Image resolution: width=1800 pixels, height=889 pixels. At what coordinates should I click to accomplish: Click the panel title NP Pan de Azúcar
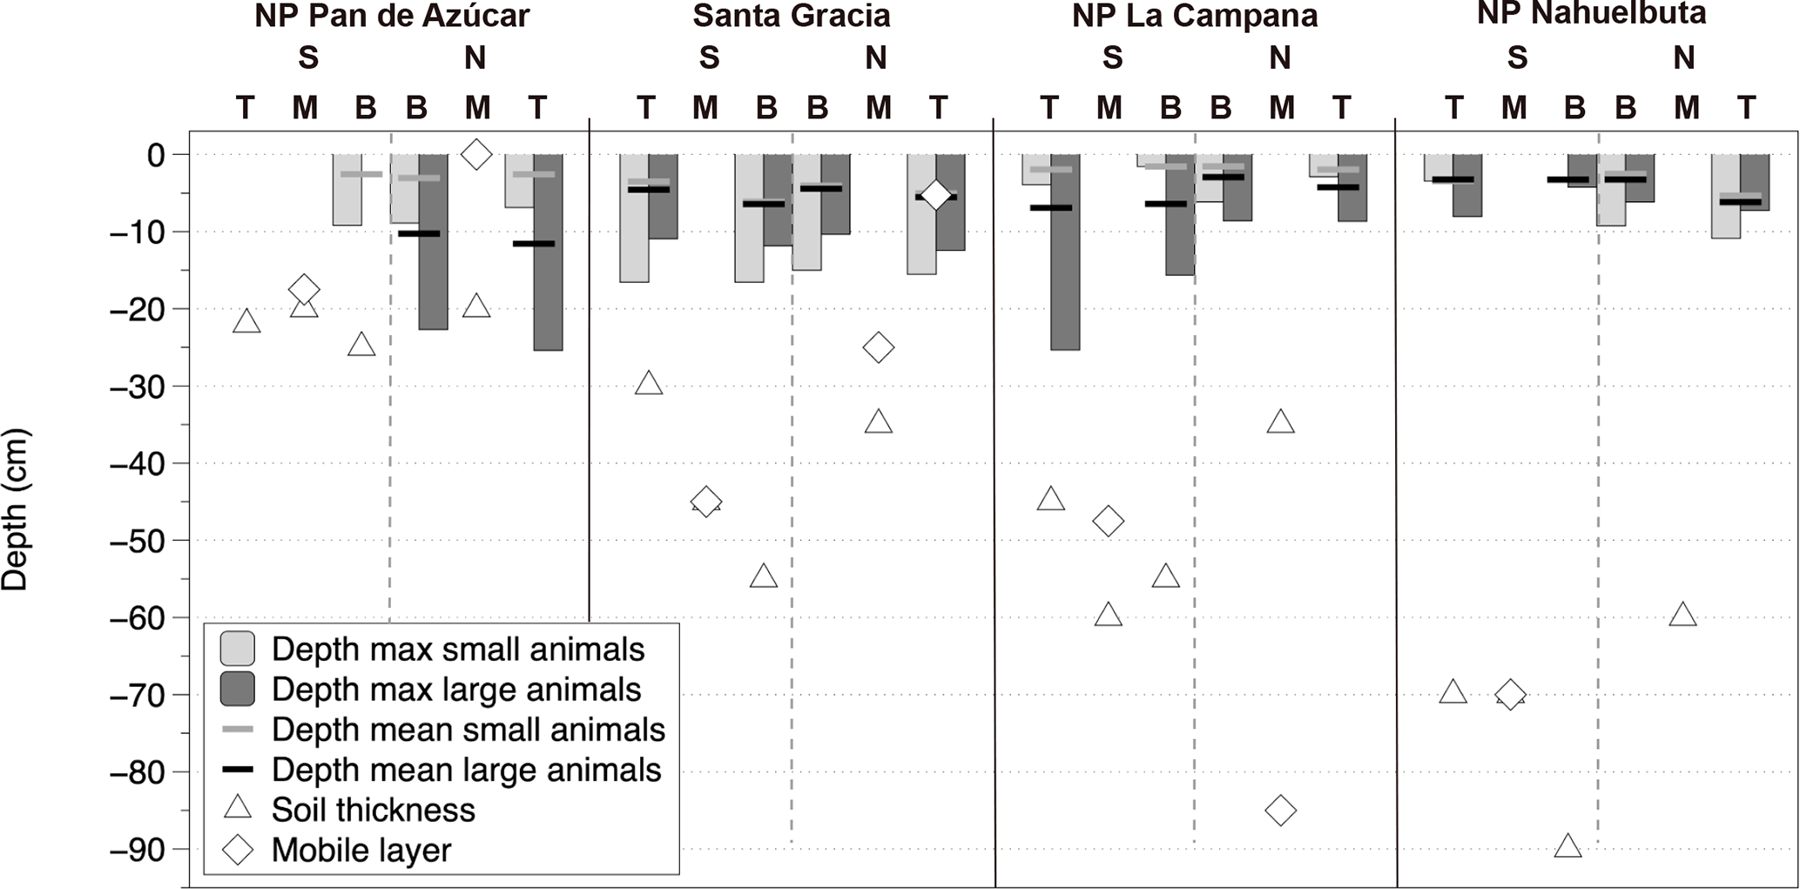pyautogui.click(x=392, y=16)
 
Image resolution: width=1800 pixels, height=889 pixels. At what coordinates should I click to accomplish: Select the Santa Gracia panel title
pyautogui.click(x=791, y=16)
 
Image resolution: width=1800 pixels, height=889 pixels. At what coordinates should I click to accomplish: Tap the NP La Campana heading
pyautogui.click(x=1194, y=16)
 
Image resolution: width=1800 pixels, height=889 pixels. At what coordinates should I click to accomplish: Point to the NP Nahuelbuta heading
pyautogui.click(x=1591, y=13)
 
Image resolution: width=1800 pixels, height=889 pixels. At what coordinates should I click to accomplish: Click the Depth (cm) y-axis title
pyautogui.click(x=16, y=509)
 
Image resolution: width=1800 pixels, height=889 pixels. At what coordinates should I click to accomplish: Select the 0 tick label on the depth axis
pyautogui.click(x=156, y=155)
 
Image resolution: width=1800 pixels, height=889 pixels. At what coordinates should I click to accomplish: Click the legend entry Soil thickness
pyautogui.click(x=373, y=810)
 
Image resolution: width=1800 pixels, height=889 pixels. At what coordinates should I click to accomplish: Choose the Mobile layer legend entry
pyautogui.click(x=361, y=850)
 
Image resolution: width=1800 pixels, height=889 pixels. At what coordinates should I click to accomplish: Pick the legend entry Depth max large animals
pyautogui.click(x=455, y=690)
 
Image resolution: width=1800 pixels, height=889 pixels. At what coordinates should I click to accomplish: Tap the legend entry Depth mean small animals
pyautogui.click(x=468, y=730)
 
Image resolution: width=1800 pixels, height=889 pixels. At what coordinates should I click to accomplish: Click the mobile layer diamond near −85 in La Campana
pyautogui.click(x=1280, y=811)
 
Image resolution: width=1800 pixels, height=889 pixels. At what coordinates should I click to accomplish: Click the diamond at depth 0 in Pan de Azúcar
pyautogui.click(x=475, y=155)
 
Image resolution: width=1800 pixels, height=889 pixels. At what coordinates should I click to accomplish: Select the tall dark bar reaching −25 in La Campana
pyautogui.click(x=1065, y=253)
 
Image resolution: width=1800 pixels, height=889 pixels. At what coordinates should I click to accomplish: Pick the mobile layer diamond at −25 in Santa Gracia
pyautogui.click(x=878, y=347)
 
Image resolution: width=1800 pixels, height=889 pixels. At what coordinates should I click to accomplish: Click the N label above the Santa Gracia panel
pyautogui.click(x=875, y=58)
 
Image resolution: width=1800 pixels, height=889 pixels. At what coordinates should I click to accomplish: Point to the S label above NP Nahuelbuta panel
pyautogui.click(x=1517, y=58)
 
